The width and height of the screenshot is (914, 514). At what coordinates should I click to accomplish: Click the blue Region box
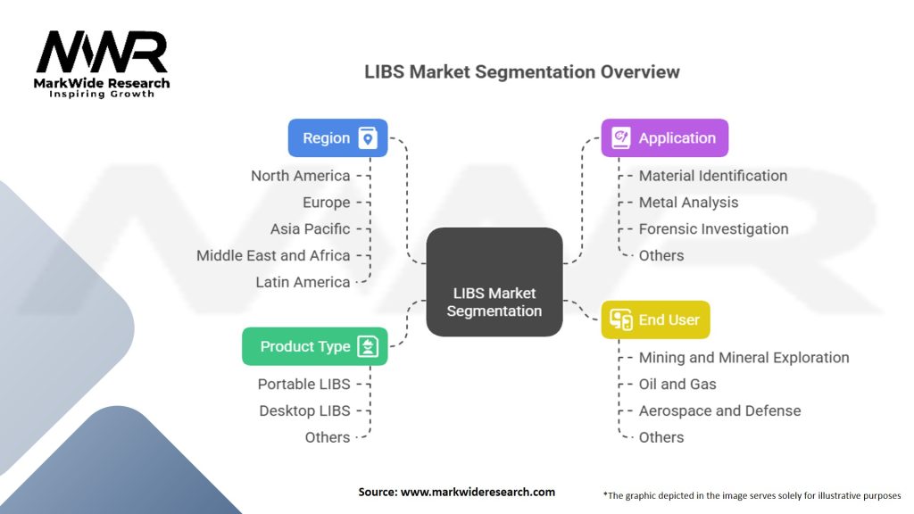point(337,138)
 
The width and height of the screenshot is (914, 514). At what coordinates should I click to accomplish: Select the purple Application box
point(664,138)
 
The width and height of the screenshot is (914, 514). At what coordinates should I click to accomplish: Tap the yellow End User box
point(655,319)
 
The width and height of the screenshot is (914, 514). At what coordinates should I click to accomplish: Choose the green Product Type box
point(314,346)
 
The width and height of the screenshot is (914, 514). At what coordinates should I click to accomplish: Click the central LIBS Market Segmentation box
point(494,302)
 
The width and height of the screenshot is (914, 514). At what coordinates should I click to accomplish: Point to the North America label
point(300,176)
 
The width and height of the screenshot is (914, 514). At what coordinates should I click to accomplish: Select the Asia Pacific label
point(311,228)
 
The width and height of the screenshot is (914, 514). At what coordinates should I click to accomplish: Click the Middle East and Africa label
point(273,255)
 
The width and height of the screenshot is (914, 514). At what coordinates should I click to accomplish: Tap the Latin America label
point(303,282)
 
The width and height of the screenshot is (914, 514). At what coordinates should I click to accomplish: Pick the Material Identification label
point(712,176)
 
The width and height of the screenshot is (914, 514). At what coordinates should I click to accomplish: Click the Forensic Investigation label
point(713,228)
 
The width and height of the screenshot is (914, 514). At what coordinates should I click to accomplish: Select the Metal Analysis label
point(688,203)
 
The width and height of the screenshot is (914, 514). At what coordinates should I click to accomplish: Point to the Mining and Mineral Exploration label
point(744,357)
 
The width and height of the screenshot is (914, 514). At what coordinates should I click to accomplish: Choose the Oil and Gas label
point(677,384)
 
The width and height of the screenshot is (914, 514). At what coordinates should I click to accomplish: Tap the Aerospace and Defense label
point(719,410)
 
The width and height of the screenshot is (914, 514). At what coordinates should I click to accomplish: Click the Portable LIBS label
point(303,384)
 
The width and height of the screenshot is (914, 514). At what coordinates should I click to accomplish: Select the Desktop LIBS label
point(304,410)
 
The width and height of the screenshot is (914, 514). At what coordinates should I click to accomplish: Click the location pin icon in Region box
point(367,138)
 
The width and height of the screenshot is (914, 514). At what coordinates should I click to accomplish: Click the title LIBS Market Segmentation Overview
point(521,72)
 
